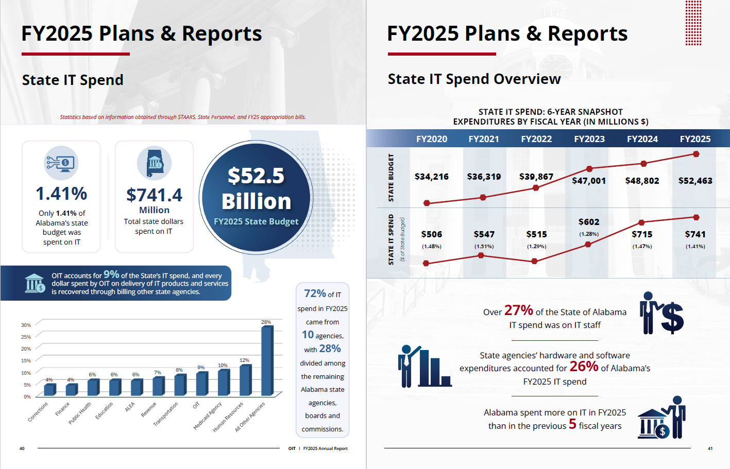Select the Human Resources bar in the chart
click(x=245, y=380)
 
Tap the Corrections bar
click(x=50, y=390)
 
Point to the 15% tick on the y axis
click(x=26, y=360)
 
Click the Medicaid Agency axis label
click(x=208, y=415)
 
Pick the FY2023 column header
click(x=589, y=139)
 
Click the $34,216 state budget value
click(x=432, y=177)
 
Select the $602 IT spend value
click(x=588, y=222)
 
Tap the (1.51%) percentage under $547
click(x=484, y=247)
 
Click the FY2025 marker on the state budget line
click(x=696, y=154)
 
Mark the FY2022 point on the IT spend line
click(x=534, y=261)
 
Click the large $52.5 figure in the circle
click(x=256, y=176)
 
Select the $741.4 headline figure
click(x=154, y=195)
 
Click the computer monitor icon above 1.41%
click(x=61, y=163)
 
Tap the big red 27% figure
click(x=518, y=310)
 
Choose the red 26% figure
click(x=584, y=367)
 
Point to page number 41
click(x=710, y=448)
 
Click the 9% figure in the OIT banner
click(x=111, y=274)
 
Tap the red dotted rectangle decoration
click(x=693, y=23)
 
